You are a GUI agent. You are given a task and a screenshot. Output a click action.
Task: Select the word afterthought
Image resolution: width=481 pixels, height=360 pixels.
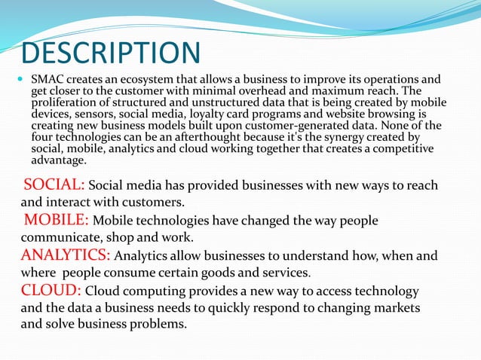210,137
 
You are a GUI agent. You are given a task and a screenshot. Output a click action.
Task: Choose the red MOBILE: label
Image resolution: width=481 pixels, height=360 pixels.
57,220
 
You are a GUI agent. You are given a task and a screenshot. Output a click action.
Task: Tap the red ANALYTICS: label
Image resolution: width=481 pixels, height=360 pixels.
66,255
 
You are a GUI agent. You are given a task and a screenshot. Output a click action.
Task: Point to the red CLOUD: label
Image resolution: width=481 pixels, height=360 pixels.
51,290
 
